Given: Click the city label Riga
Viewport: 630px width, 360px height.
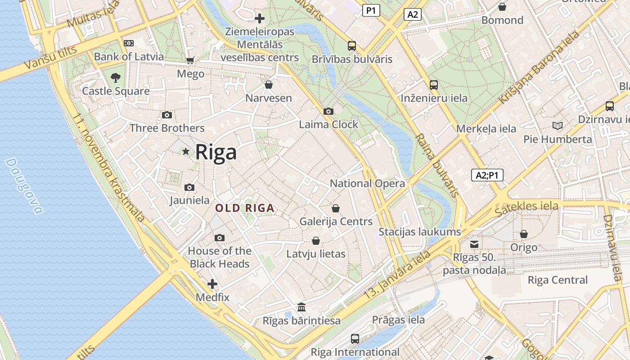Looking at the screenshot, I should point(216,152).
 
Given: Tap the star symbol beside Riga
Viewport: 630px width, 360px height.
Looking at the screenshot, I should point(185,151).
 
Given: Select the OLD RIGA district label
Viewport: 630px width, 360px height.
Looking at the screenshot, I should point(244,208).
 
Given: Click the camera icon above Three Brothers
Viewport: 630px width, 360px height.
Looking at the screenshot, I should point(167,115).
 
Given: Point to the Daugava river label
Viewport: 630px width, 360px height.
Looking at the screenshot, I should point(24,186).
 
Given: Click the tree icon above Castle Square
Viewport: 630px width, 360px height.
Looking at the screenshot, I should point(116,77).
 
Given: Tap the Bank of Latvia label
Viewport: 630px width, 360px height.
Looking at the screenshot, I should point(129,57).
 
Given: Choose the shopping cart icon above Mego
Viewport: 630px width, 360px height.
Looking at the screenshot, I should point(190,60).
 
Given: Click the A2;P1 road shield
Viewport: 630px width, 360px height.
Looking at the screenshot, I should point(487,175).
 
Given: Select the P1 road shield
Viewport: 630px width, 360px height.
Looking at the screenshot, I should point(371,10).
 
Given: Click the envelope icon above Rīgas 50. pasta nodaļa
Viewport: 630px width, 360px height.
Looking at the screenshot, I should point(474,244).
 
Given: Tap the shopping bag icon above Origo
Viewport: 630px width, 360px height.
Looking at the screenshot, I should point(524,234).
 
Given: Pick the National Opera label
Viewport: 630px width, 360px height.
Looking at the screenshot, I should point(367,183).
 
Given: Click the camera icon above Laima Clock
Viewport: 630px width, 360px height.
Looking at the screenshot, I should point(328,111).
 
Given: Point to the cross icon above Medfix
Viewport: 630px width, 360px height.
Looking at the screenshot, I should point(212,284).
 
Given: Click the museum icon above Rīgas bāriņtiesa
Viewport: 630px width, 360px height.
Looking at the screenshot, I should point(301,307).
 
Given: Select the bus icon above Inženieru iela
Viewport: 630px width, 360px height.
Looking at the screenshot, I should point(434,85).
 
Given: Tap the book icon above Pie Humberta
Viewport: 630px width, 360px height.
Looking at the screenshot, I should point(558,126).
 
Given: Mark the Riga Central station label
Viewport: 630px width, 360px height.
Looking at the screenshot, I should point(558,280).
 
